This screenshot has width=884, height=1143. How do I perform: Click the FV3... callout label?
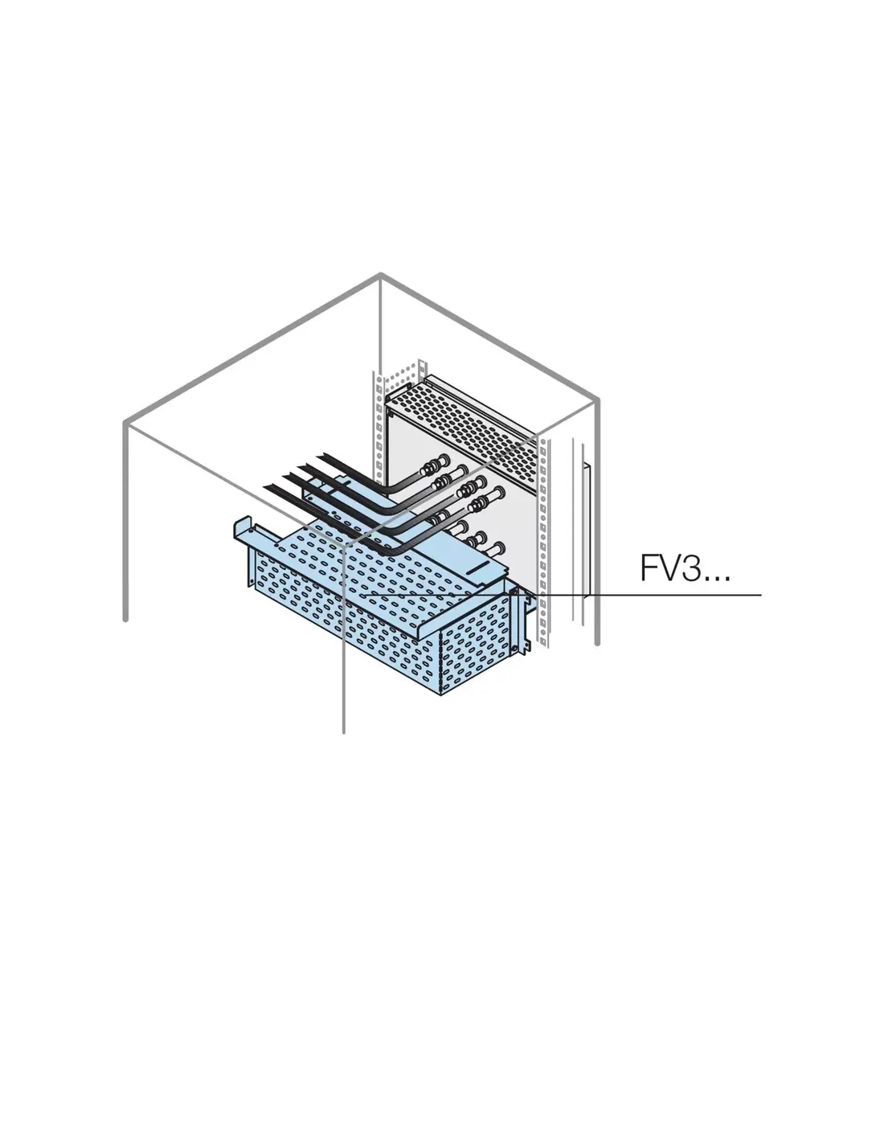[686, 568]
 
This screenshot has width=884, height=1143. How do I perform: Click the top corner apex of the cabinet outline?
[380, 274]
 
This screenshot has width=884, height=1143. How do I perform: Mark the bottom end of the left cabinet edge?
[125, 620]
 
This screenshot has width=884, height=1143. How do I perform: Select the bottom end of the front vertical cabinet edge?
[343, 731]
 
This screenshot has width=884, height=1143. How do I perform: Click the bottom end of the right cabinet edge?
[597, 643]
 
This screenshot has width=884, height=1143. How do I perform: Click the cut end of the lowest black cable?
[269, 487]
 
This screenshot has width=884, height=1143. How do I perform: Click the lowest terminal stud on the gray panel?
[496, 549]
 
